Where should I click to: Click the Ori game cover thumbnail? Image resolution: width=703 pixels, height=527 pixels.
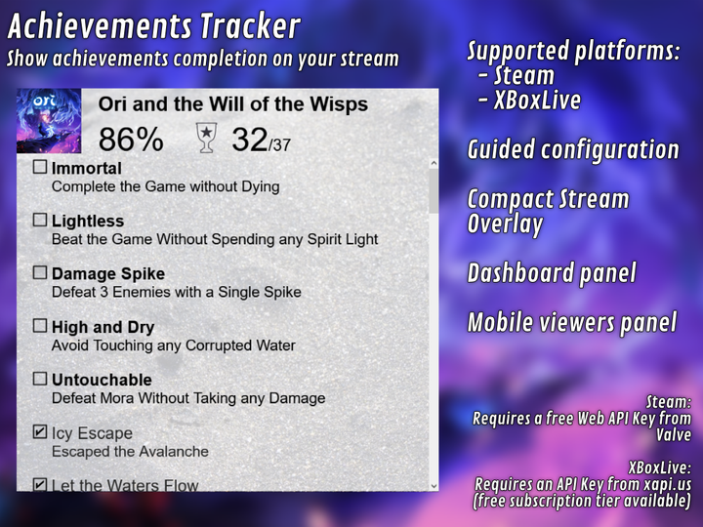point(49,121)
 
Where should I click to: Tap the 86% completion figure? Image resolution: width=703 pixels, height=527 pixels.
point(131,140)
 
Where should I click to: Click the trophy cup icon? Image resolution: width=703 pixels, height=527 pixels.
point(206,138)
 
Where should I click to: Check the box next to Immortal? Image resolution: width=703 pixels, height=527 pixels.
point(40,167)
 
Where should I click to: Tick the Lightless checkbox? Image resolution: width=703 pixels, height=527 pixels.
point(40,220)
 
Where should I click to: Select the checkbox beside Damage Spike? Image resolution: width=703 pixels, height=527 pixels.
point(40,272)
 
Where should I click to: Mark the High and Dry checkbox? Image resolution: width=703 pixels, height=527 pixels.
point(40,326)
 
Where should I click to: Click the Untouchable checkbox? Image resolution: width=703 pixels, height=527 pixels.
point(40,379)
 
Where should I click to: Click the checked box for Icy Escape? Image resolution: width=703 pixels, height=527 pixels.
point(40,431)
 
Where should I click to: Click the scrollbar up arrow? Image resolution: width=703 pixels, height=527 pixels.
point(434,163)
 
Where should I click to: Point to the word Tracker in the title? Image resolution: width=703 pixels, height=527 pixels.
point(250,25)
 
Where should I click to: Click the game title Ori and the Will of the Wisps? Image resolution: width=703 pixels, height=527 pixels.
point(233,104)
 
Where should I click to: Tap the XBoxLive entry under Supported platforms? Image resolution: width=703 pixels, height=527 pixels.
point(537,100)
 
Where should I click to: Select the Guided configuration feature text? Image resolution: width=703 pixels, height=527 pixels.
point(573,149)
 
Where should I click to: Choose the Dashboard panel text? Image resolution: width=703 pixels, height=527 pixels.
point(552,273)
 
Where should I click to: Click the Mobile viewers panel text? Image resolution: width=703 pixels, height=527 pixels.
point(572,322)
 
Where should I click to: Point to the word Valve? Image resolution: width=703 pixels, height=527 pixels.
point(674,434)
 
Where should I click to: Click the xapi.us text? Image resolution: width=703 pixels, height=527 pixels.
point(668,484)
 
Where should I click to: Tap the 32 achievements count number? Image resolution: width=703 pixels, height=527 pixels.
point(250,140)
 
